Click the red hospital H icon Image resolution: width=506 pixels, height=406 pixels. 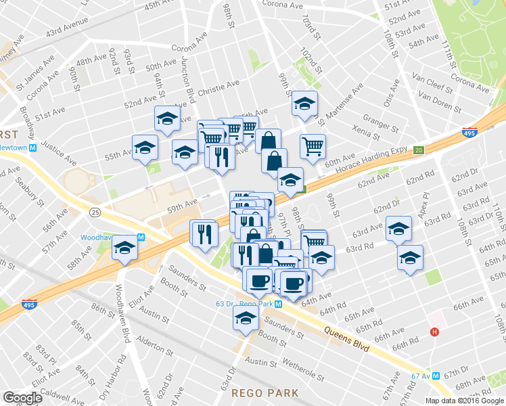pos(435,332)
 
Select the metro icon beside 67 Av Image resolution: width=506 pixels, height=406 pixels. pos(436,375)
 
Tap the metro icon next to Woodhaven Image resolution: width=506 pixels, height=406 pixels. pos(141,238)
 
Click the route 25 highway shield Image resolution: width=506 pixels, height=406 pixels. pos(94,212)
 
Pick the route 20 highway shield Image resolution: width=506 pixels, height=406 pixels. pos(419,150)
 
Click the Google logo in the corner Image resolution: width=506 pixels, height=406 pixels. pos(23,397)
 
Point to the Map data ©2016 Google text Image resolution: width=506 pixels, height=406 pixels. pos(464,401)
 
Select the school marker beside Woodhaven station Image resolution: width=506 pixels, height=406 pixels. pos(125,248)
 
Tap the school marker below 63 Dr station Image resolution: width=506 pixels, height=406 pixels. pos(245,318)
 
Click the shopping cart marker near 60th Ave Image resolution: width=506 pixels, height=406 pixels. pos(313,146)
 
